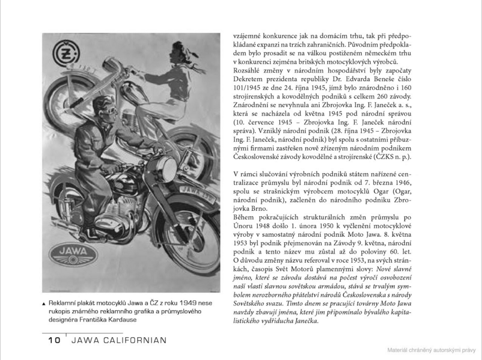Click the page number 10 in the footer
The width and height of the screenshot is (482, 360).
coord(54,340)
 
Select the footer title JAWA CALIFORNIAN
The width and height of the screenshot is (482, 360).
coord(118,340)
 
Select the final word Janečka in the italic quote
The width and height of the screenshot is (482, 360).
coord(304,321)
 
